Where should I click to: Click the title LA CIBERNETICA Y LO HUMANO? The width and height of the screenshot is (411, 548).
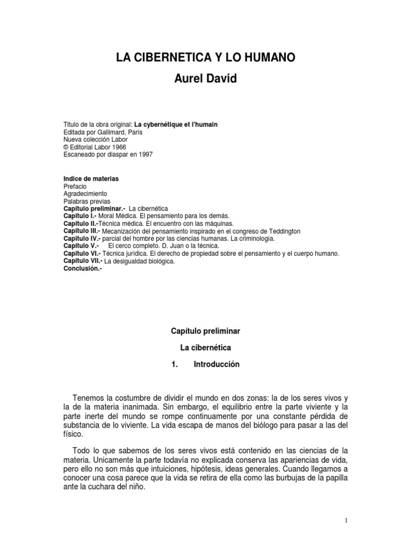pos(205,57)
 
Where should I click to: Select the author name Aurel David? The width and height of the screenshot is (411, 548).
pos(205,79)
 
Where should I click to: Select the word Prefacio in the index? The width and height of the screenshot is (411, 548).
pos(75,186)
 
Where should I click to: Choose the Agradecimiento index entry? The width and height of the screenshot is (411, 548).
pos(85,193)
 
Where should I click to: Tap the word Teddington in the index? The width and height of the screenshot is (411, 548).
pos(283,231)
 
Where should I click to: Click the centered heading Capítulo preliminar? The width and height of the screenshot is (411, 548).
pos(205,332)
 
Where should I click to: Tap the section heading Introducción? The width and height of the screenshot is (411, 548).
pos(217,364)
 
